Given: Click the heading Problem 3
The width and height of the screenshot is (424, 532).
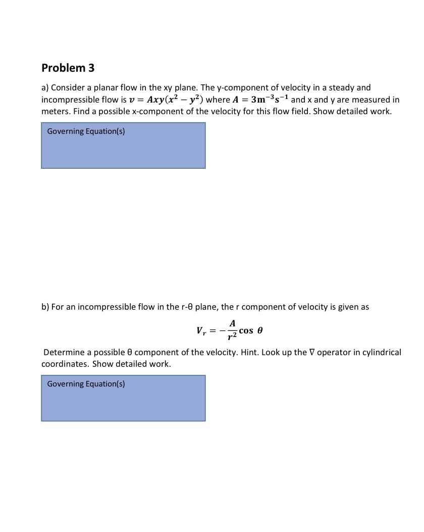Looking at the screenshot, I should (68, 68).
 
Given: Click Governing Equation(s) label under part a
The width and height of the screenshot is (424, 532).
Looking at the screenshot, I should (86, 132).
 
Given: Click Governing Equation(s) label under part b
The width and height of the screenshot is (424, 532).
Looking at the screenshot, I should (86, 384).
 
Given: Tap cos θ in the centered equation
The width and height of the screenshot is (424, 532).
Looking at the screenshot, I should (251, 331).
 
